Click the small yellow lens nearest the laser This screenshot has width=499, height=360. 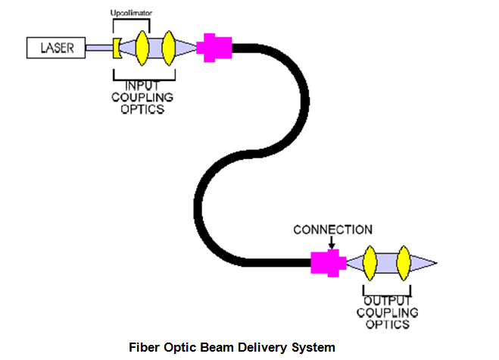pyautogui.click(x=117, y=48)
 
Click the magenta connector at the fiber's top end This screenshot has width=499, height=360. pyautogui.click(x=213, y=48)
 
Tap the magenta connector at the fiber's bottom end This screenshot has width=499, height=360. pyautogui.click(x=328, y=263)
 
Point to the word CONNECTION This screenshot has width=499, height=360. pyautogui.click(x=332, y=230)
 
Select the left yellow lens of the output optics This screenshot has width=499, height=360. pyautogui.click(x=370, y=263)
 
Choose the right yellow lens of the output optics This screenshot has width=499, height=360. pyautogui.click(x=404, y=263)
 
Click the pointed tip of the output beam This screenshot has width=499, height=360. pyautogui.click(x=435, y=263)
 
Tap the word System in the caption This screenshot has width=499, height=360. pyautogui.click(x=313, y=348)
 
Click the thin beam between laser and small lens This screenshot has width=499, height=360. pyautogui.click(x=98, y=49)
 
